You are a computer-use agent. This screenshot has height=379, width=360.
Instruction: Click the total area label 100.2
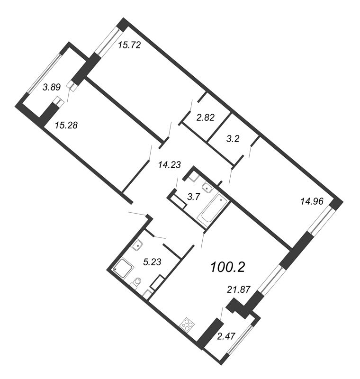click(228, 267)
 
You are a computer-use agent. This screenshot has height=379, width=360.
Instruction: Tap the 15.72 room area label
click(129, 45)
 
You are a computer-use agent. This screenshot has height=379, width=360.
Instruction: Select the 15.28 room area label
click(66, 125)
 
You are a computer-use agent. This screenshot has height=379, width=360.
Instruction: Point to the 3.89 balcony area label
click(52, 87)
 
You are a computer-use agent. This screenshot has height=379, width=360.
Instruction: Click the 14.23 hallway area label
click(170, 165)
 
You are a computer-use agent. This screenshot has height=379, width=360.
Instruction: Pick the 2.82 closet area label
click(206, 117)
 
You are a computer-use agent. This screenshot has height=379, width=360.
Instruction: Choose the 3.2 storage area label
click(233, 138)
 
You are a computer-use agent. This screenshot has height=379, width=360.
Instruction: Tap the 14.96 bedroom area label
click(312, 201)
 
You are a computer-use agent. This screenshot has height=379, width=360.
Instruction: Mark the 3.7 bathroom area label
click(194, 197)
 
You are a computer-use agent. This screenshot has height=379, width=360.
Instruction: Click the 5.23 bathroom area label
click(152, 262)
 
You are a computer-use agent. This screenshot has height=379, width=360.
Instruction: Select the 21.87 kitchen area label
click(238, 289)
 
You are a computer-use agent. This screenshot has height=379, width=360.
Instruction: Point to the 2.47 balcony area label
click(226, 336)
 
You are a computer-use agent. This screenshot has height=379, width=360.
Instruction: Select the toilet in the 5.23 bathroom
click(135, 283)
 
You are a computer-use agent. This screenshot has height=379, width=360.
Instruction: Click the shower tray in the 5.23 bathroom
click(123, 268)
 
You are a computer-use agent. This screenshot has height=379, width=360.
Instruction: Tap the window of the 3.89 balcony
click(44, 73)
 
